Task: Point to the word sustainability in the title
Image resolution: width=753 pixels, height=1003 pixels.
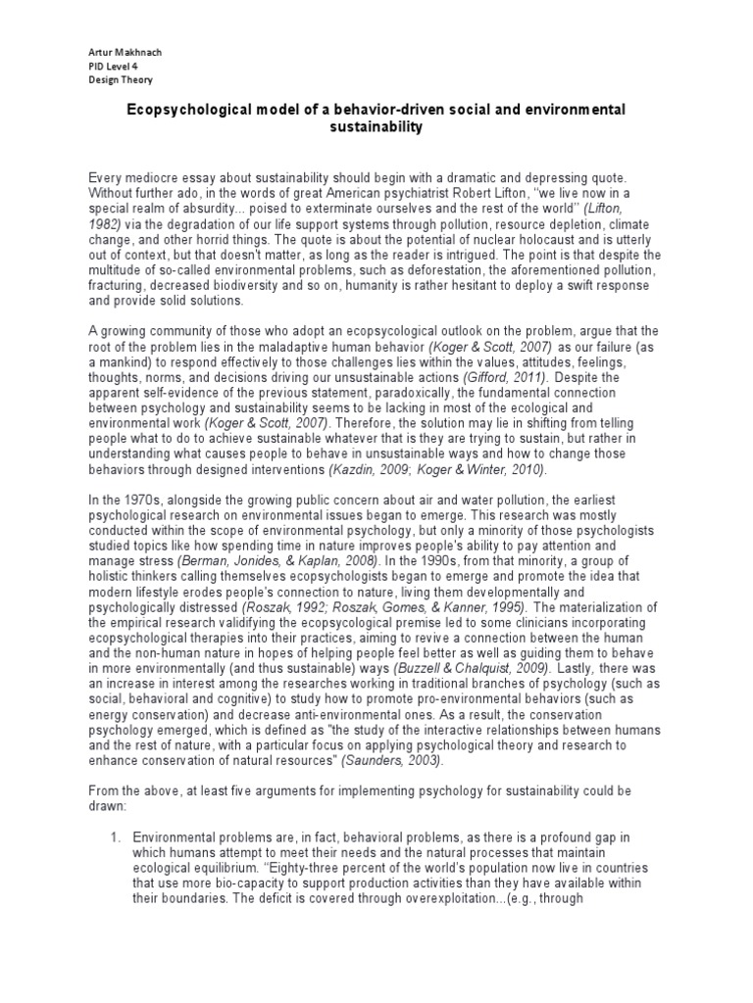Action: pos(376,127)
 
